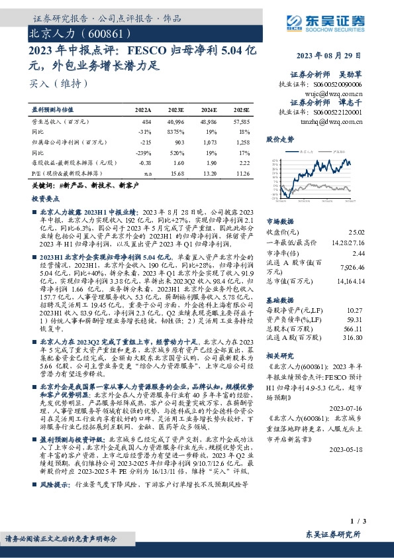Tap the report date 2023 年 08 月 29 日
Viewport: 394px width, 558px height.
(328, 54)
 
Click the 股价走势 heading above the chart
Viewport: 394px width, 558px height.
(279, 140)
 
